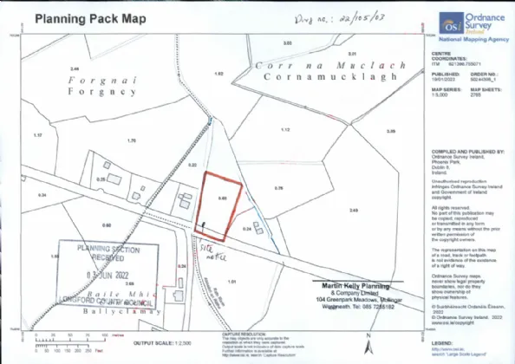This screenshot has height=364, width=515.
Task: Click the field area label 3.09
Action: coord(390,131)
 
